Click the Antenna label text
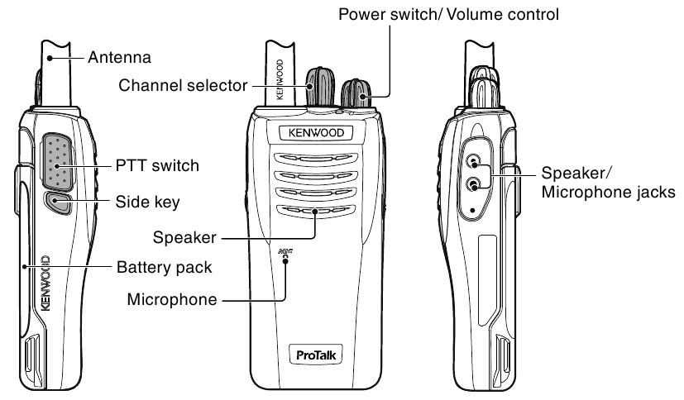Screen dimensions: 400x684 coord(119,58)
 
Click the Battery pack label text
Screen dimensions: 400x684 coord(165,267)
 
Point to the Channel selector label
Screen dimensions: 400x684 coord(183,84)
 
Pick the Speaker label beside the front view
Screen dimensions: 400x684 coord(184,237)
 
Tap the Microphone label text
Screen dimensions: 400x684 coord(172,299)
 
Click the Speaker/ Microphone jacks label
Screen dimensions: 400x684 coord(608,183)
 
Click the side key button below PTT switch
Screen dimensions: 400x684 coord(57,201)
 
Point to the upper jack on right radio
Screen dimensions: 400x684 coord(474,163)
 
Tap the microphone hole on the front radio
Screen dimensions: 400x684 coord(285,259)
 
